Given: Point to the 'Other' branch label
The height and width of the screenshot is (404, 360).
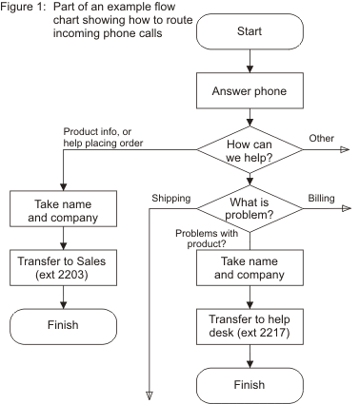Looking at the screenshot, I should (x=322, y=139).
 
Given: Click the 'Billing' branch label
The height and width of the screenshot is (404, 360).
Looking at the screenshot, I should (x=321, y=198).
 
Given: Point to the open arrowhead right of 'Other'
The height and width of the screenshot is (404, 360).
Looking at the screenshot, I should (x=345, y=149).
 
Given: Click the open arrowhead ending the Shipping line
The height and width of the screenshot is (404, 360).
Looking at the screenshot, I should (x=150, y=394).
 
